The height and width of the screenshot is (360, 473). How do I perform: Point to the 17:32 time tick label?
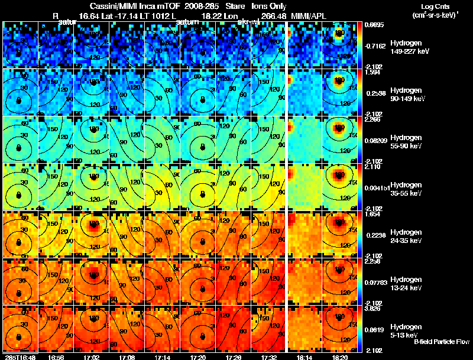coord(270,357)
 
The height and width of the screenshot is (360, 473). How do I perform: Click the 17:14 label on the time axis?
coord(163,357)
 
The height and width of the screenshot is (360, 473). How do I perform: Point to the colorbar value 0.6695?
coord(374,25)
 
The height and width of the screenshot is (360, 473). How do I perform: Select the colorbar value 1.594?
coord(372,73)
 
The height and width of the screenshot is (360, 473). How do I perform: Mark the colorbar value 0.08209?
coord(375,140)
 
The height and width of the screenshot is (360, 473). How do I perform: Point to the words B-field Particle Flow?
coord(441,342)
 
